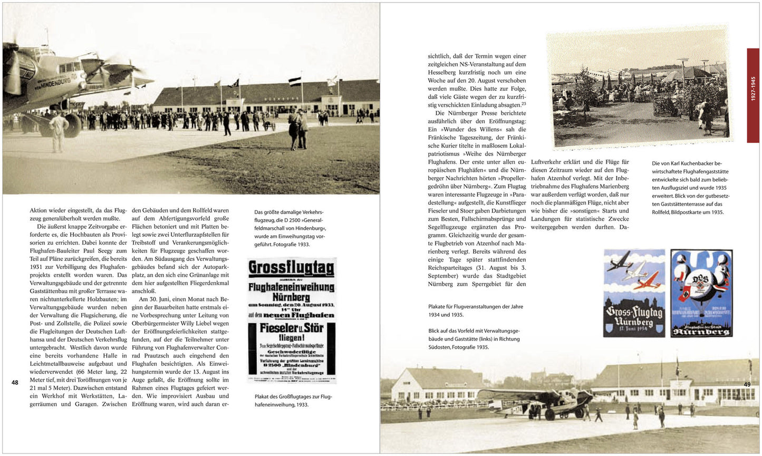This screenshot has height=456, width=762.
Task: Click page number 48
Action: (15, 383)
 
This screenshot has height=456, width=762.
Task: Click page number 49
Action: (747, 384)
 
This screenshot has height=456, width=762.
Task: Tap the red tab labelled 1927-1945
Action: (753, 95)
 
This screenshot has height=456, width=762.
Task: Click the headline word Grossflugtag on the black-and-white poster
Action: (291, 268)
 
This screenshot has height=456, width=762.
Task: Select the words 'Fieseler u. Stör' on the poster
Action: (291, 328)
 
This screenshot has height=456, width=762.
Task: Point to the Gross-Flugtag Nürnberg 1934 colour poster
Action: (634, 293)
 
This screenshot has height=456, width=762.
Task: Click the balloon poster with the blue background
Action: (701, 293)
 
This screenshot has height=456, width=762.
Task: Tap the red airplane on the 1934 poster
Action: (645, 283)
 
